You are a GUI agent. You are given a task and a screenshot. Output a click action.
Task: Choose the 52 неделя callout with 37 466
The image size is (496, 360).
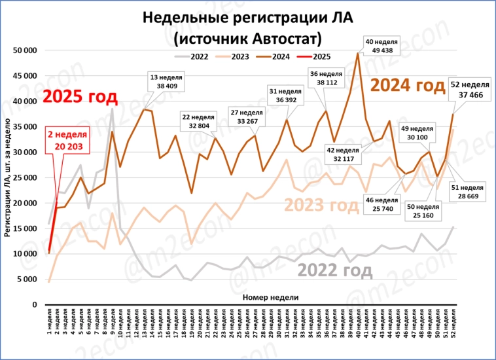(470, 90)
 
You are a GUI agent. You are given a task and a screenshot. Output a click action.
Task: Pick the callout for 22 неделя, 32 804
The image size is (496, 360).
(199, 121)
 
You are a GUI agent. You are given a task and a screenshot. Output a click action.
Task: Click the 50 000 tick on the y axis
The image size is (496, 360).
(26, 50)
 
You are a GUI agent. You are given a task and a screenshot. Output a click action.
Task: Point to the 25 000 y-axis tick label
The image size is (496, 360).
(26, 177)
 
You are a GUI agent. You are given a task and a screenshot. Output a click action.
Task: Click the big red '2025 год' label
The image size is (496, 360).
(80, 98)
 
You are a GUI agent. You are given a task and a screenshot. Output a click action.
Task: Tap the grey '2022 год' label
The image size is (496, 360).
(335, 270)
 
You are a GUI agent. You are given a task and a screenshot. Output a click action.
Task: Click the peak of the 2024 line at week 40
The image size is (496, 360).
(358, 54)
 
